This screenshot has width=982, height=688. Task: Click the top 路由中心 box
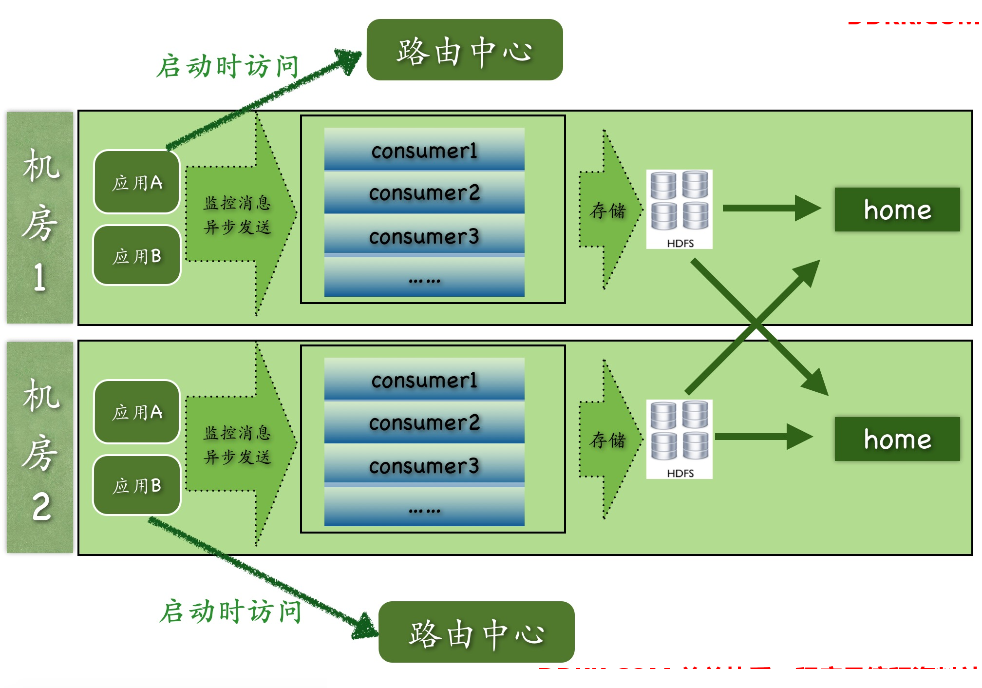(x=464, y=50)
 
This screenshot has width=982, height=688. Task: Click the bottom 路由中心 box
(x=476, y=632)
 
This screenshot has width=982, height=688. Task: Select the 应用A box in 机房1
(x=137, y=182)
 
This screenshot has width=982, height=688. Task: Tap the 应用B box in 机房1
(x=137, y=255)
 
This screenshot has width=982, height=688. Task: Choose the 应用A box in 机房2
(x=137, y=412)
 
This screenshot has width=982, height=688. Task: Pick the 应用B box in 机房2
(x=137, y=485)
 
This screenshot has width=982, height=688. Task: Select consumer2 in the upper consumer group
(x=424, y=192)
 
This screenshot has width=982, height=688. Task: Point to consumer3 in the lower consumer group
(x=424, y=466)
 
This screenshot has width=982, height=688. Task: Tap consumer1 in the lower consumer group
(x=424, y=380)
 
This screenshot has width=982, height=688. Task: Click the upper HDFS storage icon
(x=679, y=209)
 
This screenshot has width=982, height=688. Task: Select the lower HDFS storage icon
(x=679, y=439)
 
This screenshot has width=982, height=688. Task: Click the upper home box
(x=897, y=210)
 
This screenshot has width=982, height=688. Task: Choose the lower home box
(x=897, y=439)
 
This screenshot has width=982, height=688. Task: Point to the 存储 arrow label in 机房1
(x=607, y=210)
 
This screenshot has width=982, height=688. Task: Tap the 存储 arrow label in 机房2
(x=607, y=440)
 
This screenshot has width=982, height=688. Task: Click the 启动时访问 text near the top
(x=227, y=66)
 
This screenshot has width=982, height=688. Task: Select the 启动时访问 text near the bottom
(x=230, y=612)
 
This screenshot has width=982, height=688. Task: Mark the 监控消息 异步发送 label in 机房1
(x=237, y=215)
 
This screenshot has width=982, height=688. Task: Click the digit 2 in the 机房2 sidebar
(x=41, y=507)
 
